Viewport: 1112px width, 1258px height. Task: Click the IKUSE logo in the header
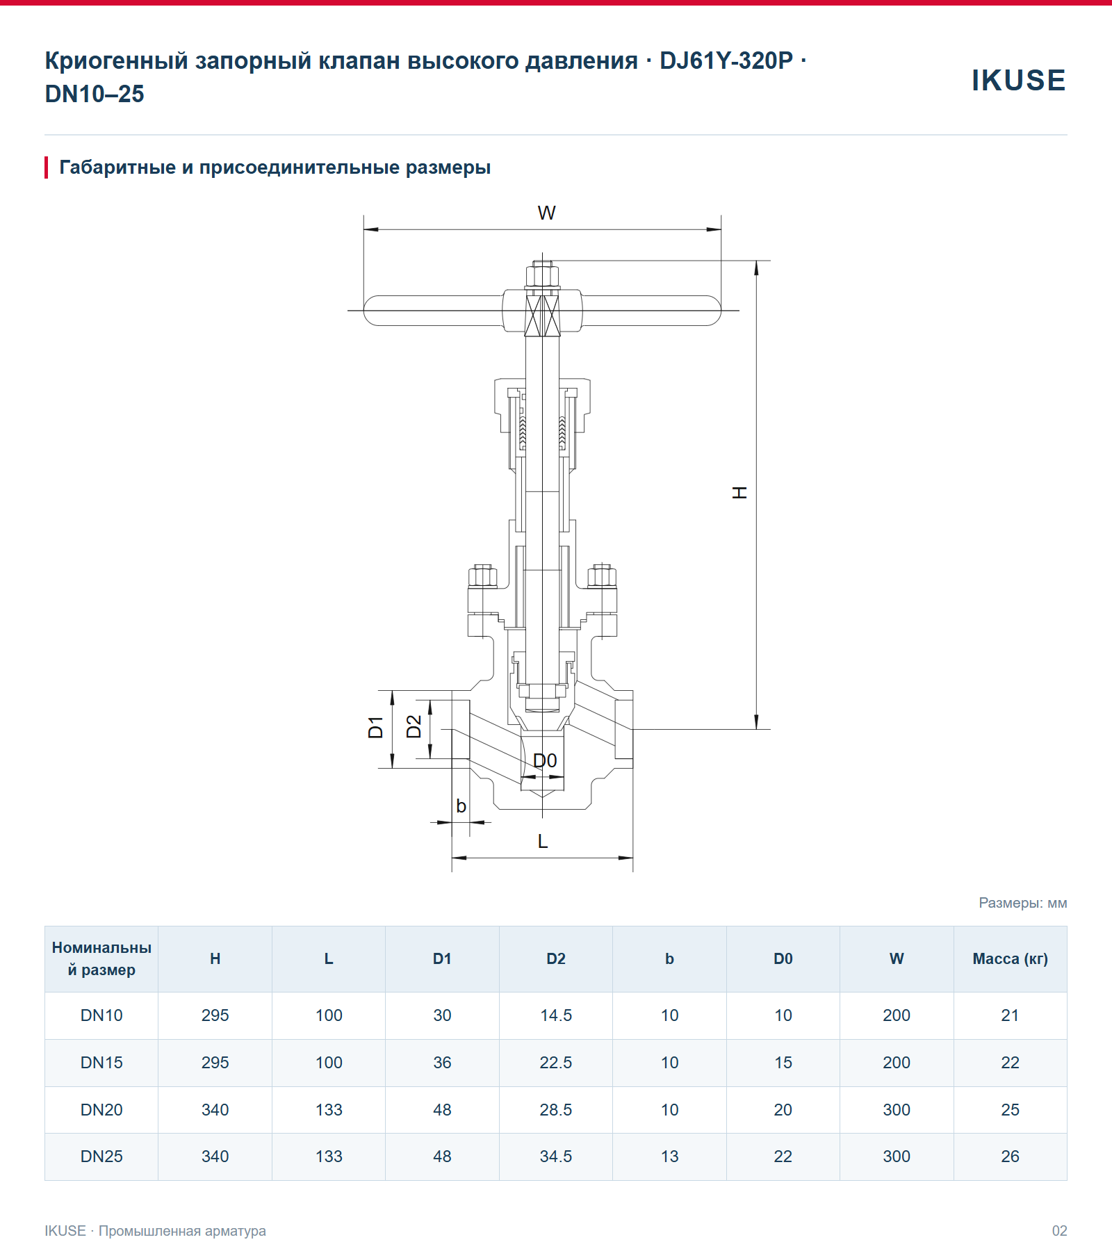[x=1018, y=81]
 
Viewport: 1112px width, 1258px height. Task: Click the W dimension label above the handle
[x=546, y=213]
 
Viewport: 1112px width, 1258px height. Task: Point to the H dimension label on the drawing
[x=739, y=493]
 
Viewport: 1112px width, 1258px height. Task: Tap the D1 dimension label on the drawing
[x=376, y=727]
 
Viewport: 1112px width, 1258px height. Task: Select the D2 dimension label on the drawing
[x=414, y=727]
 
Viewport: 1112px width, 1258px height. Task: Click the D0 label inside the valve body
[x=545, y=760]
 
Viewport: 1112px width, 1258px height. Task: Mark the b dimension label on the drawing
[x=461, y=806]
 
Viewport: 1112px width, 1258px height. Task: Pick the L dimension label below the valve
[x=543, y=841]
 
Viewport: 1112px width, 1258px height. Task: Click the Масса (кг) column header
[x=1010, y=959]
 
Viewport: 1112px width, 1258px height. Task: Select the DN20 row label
[x=101, y=1110]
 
